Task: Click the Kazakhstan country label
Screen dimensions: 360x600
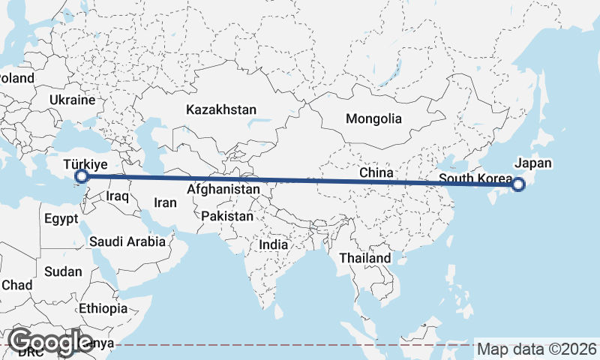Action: [x=221, y=109]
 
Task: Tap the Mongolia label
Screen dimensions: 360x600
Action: [x=373, y=118]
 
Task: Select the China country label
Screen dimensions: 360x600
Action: [x=376, y=172]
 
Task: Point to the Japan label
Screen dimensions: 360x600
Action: [x=533, y=163]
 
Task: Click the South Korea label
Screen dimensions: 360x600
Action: [x=474, y=178]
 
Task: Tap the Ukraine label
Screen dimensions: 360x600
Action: [x=73, y=100]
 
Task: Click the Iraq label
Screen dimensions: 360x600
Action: [x=118, y=196]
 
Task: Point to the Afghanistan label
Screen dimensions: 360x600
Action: [x=223, y=190]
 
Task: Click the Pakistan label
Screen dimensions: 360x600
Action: [x=227, y=216]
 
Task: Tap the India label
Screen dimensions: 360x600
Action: [x=273, y=244]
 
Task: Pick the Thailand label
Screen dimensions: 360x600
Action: [x=364, y=258]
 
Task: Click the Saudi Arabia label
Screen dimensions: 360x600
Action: [x=127, y=241]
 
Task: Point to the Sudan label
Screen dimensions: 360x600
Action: [x=62, y=271]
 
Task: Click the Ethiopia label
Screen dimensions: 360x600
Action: [x=103, y=308]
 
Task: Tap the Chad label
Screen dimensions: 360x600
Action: [x=16, y=285]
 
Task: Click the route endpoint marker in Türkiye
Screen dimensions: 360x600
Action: [x=82, y=177]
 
